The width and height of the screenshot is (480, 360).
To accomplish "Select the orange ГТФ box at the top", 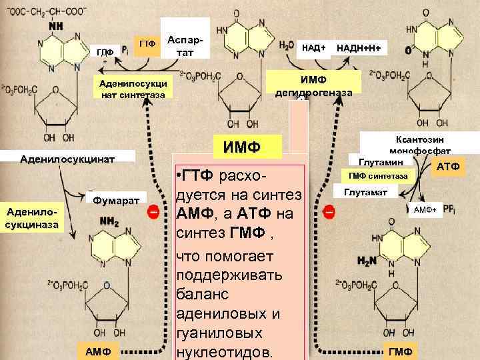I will click(x=147, y=44).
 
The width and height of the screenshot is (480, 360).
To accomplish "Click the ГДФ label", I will click(x=105, y=51).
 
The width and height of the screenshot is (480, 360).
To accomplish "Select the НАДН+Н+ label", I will click(x=363, y=49).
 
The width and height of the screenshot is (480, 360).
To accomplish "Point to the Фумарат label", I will click(x=116, y=200).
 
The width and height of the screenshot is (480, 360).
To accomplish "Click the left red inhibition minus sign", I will click(x=153, y=212).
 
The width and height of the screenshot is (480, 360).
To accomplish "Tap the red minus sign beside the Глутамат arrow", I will click(x=329, y=212).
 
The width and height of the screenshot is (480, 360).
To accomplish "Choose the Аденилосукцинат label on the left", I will click(x=68, y=160).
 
